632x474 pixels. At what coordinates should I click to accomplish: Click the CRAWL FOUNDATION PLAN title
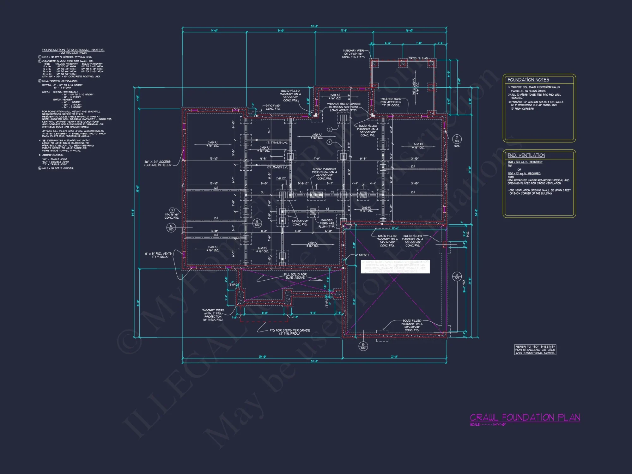pos(525,417)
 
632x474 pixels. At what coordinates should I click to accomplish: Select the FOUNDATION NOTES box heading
pos(528,80)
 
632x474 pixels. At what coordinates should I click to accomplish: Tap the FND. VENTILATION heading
pos(526,155)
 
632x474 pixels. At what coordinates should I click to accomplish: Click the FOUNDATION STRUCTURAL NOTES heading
pos(73,50)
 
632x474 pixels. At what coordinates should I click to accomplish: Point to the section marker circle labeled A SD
pos(457,276)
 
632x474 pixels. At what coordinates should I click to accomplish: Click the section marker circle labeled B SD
pos(363,346)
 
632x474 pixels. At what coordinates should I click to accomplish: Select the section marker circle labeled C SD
pos(171,228)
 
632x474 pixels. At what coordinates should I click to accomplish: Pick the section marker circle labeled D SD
pos(457,139)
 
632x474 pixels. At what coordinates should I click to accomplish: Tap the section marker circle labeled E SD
pos(257,223)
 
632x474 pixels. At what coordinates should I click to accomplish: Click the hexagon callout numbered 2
pos(330,130)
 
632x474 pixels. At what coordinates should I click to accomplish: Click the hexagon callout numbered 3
pos(172,210)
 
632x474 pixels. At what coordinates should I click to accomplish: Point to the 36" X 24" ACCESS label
pos(157,163)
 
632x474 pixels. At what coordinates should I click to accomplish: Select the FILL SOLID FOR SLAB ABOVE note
pos(295,276)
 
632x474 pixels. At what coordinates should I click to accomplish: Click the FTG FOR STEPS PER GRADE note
pos(289,331)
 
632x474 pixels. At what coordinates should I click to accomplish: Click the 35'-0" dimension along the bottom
pos(262,357)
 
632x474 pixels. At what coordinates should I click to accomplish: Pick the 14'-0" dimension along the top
pos(214,31)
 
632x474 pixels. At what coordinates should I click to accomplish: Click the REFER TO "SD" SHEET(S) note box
pos(535,350)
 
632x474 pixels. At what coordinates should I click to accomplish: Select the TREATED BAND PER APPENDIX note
pos(391,102)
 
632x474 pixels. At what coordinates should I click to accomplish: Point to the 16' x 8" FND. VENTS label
pos(158,255)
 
